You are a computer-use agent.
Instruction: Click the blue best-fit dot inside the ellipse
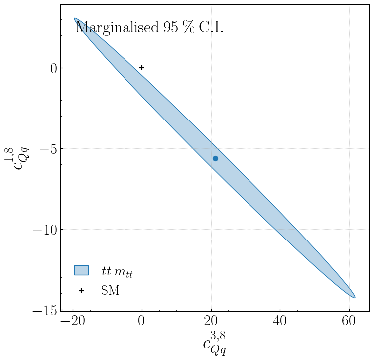[215, 158]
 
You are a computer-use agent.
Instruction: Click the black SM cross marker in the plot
[142, 68]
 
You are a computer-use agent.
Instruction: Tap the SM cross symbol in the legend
[81, 291]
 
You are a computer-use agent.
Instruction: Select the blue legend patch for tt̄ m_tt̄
[81, 270]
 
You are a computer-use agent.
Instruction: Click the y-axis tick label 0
[52, 68]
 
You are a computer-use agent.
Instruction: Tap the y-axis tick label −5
[45, 149]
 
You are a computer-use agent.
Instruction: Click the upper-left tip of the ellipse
[75, 19]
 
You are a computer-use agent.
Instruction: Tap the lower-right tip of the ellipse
[354, 297]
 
